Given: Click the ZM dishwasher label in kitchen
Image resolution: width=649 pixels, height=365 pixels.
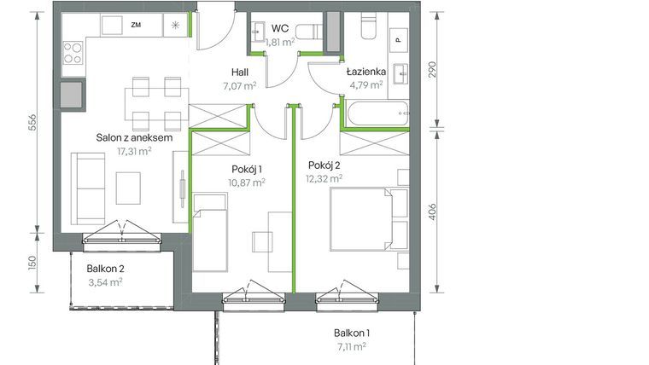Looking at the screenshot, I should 136,26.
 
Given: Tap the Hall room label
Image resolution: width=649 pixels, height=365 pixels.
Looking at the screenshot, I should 239,73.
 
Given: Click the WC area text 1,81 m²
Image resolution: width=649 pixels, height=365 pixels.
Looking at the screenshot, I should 279,41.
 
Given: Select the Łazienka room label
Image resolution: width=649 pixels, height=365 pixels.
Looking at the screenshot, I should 366,72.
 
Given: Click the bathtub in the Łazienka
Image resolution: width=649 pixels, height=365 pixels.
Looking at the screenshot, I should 375,112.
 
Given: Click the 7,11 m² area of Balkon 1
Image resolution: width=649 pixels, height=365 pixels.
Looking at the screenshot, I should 350,346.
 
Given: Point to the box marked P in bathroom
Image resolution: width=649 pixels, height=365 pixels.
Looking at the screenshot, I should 398,38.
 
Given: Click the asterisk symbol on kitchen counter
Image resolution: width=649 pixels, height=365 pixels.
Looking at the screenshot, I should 176,26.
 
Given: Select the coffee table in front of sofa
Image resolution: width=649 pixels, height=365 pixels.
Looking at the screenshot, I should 129,188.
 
